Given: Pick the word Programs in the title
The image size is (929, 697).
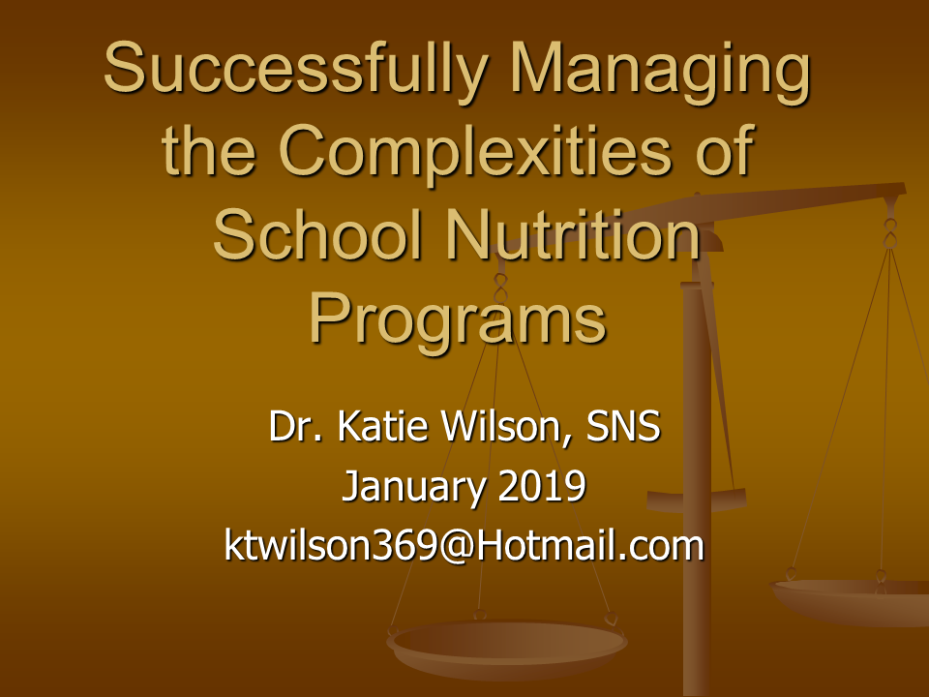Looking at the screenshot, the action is [x=458, y=320].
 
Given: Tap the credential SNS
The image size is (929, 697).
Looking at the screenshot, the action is [x=623, y=426].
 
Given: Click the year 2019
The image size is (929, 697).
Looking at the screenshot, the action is [x=542, y=486].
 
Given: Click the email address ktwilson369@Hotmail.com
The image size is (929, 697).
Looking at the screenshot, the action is [x=464, y=544].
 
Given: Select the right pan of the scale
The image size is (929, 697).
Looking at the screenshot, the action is [x=851, y=601].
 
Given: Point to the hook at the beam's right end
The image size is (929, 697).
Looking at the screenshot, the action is [x=890, y=231].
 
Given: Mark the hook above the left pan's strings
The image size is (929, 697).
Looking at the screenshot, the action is [x=500, y=288].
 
